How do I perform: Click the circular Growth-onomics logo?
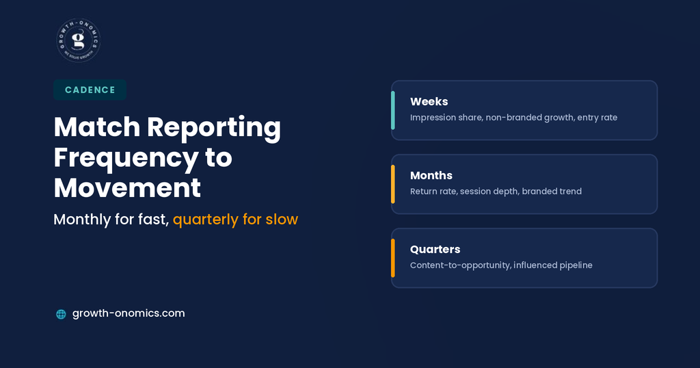pos(79,40)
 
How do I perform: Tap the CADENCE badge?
pos(90,90)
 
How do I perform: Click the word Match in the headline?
pos(97,127)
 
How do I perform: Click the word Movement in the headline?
pos(127,187)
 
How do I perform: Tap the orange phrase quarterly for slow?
pos(235,220)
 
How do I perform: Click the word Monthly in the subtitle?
pos(82,220)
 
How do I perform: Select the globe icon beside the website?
pos(61,314)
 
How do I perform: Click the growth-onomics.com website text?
pos(129,313)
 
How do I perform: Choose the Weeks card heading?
pos(429,101)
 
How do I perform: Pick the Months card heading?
pos(431,176)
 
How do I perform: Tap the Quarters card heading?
pos(435,249)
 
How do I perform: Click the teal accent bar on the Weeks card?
pos(393,110)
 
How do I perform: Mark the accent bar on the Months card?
pos(393,184)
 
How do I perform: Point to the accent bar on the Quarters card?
pos(393,258)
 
